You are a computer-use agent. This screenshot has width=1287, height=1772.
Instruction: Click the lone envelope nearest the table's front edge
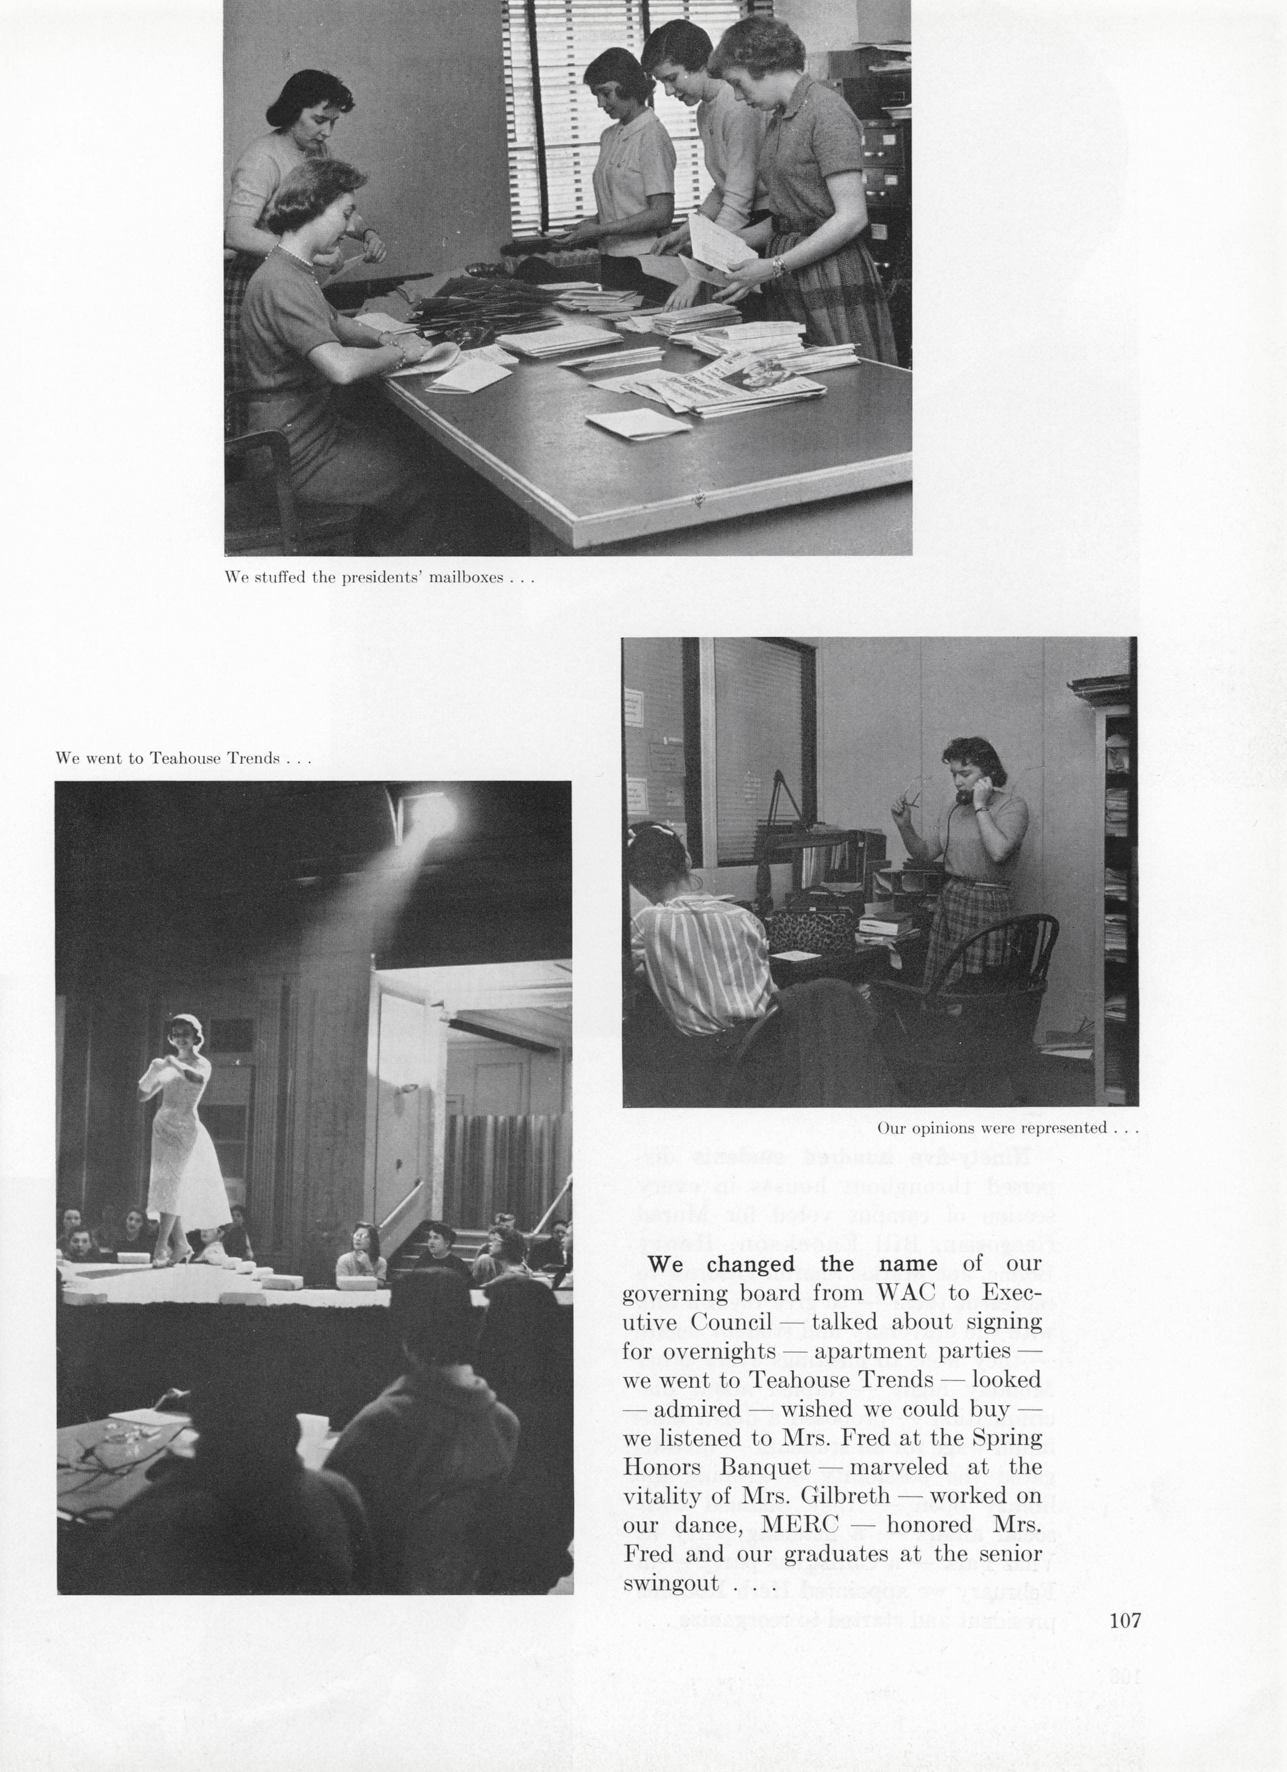click(638, 424)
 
